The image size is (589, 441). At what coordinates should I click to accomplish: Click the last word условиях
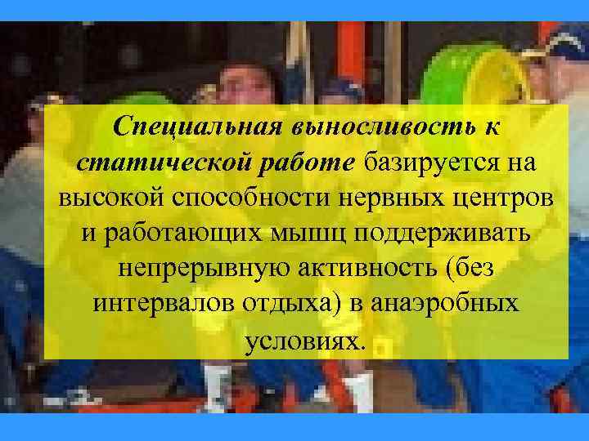coord(302,339)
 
